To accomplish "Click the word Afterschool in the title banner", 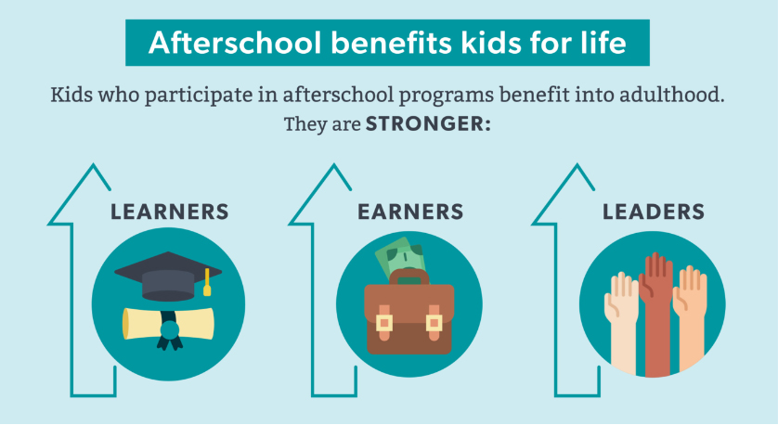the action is click(x=235, y=43).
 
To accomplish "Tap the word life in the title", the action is click(x=605, y=42).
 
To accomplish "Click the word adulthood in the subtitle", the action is click(x=672, y=95).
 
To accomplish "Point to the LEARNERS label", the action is click(x=170, y=212).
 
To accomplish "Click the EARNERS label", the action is click(x=410, y=212).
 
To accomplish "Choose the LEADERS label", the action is click(x=654, y=212).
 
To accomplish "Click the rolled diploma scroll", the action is click(x=168, y=323).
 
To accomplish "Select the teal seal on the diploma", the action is click(x=169, y=329).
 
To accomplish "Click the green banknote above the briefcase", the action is click(x=400, y=258).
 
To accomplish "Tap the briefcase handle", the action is click(x=409, y=277).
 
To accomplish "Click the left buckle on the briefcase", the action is click(x=384, y=323).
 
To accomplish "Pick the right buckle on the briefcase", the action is click(x=434, y=323).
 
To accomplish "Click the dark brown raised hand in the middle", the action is click(x=656, y=314).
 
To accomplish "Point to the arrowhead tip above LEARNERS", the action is click(x=93, y=164).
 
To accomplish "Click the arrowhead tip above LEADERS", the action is click(x=577, y=164).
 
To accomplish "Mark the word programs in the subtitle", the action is click(x=447, y=96).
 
